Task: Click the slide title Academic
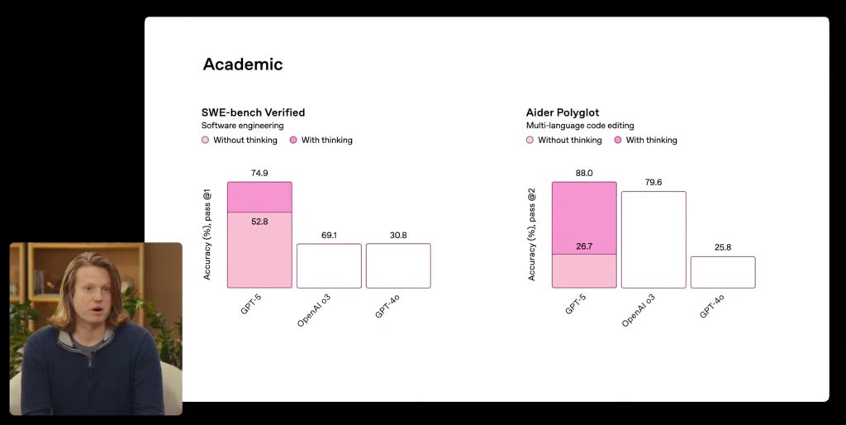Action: pyautogui.click(x=243, y=64)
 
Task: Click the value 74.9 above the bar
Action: pyautogui.click(x=259, y=173)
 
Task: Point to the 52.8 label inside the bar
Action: pyautogui.click(x=259, y=222)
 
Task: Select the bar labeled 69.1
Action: pyautogui.click(x=329, y=265)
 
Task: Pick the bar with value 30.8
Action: pyautogui.click(x=398, y=265)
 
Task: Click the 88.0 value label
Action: pyautogui.click(x=584, y=173)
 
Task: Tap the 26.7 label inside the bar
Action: pyautogui.click(x=584, y=246)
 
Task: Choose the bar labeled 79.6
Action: pyautogui.click(x=654, y=240)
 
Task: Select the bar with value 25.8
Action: pyautogui.click(x=723, y=272)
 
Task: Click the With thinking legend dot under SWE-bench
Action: pyautogui.click(x=294, y=141)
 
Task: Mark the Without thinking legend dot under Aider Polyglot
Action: pyautogui.click(x=530, y=141)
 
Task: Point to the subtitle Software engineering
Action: pyautogui.click(x=243, y=126)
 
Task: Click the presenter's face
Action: pyautogui.click(x=92, y=301)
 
